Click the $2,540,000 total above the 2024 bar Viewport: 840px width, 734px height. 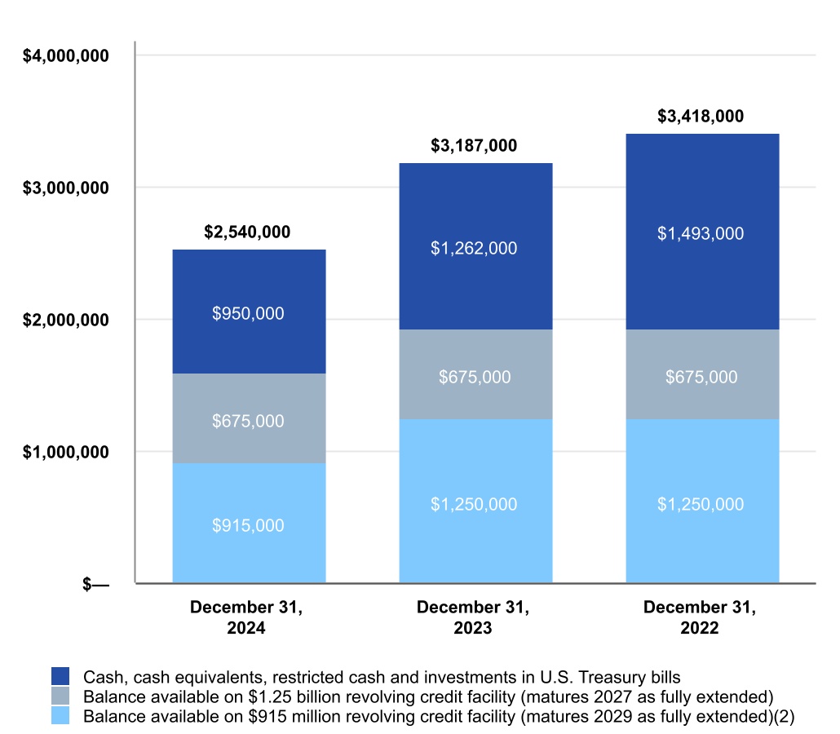(x=247, y=232)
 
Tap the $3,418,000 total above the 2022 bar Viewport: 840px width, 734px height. (x=701, y=116)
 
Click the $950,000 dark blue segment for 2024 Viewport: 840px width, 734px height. (x=249, y=313)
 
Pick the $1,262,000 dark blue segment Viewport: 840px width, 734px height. (x=474, y=248)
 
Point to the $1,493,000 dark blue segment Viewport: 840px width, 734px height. (x=701, y=233)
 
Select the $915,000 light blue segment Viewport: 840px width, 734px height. (x=249, y=525)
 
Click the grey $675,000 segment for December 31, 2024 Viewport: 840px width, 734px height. (x=249, y=421)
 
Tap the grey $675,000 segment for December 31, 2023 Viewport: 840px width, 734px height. (x=474, y=377)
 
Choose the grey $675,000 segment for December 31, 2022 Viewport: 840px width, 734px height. (x=701, y=377)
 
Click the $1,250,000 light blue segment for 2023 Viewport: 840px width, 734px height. (x=474, y=504)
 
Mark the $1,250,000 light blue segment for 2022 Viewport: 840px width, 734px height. (x=701, y=504)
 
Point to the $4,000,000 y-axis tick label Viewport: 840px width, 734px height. (x=66, y=55)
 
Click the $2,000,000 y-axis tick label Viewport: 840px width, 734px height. (x=66, y=320)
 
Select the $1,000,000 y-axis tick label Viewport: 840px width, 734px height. (x=66, y=452)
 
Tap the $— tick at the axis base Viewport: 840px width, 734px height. (x=96, y=584)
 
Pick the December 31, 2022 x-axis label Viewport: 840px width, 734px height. (x=700, y=617)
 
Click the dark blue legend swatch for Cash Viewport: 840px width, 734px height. (x=60, y=676)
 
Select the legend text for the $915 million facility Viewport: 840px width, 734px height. (x=439, y=716)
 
